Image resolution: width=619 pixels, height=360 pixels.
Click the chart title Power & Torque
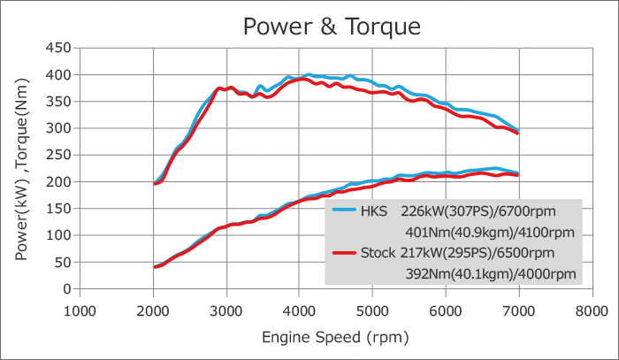pos(332,27)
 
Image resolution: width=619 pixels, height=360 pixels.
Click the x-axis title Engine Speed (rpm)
pos(335,337)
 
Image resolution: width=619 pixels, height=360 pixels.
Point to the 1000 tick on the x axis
pos(80,310)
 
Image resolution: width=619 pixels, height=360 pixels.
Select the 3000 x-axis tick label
pos(226,310)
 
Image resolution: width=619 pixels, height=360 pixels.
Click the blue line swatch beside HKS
pos(344,212)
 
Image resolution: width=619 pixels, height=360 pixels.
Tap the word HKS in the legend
pos(375,212)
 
